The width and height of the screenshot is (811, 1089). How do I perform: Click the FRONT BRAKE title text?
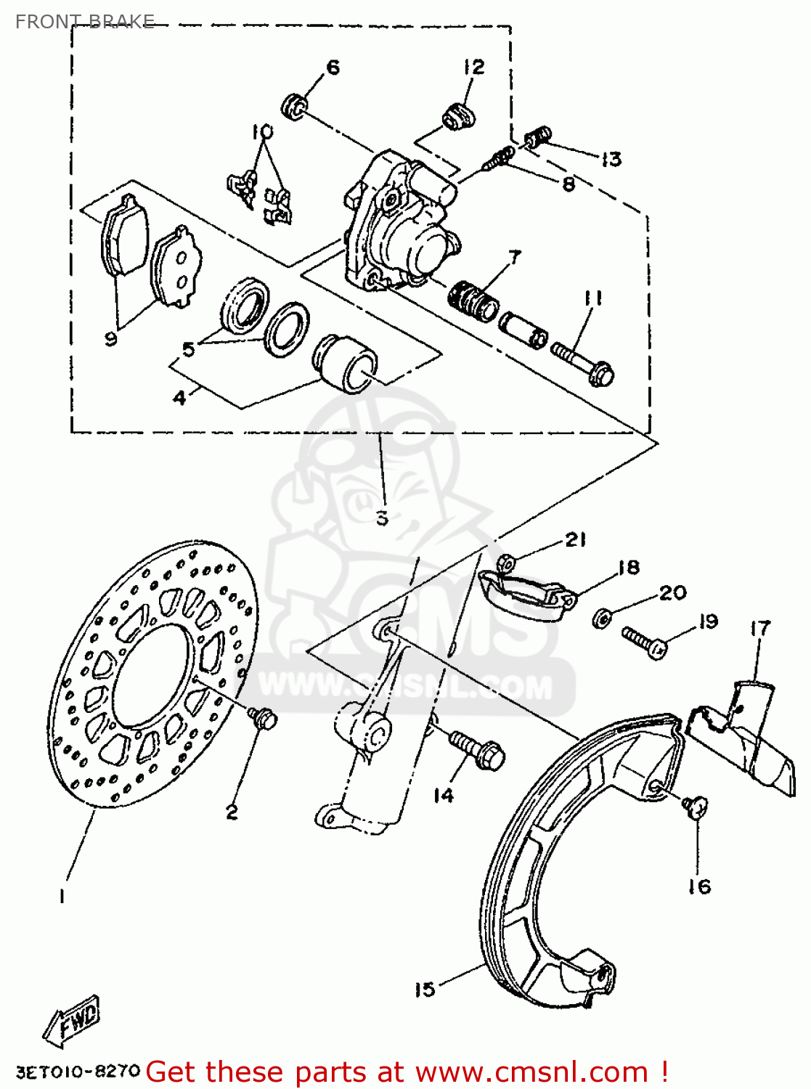(84, 21)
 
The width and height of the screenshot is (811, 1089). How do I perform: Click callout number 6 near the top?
(333, 68)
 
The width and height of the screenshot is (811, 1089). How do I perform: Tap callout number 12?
(473, 67)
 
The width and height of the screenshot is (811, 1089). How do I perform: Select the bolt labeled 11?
(584, 362)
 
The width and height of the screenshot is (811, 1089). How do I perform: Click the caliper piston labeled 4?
(344, 363)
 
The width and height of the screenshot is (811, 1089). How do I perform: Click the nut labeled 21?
(506, 562)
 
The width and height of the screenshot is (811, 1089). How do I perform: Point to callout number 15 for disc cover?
(425, 989)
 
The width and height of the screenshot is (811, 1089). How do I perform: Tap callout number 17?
(759, 629)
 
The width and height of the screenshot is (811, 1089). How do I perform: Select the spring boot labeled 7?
(473, 300)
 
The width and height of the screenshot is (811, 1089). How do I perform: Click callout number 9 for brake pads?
(110, 338)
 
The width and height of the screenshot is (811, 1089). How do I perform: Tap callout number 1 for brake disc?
(62, 897)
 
